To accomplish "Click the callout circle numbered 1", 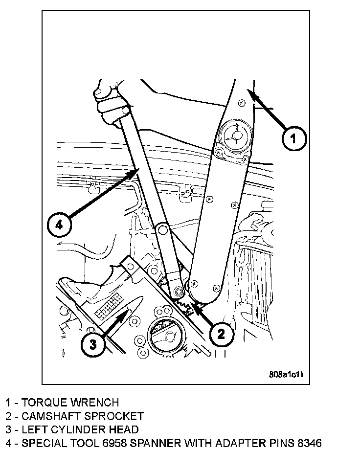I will tap(293, 138).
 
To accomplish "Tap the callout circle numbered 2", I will tap(222, 334).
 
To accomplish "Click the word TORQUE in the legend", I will tap(45, 403).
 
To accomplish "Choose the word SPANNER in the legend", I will tap(162, 444).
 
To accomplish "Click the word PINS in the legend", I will tap(274, 444).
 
